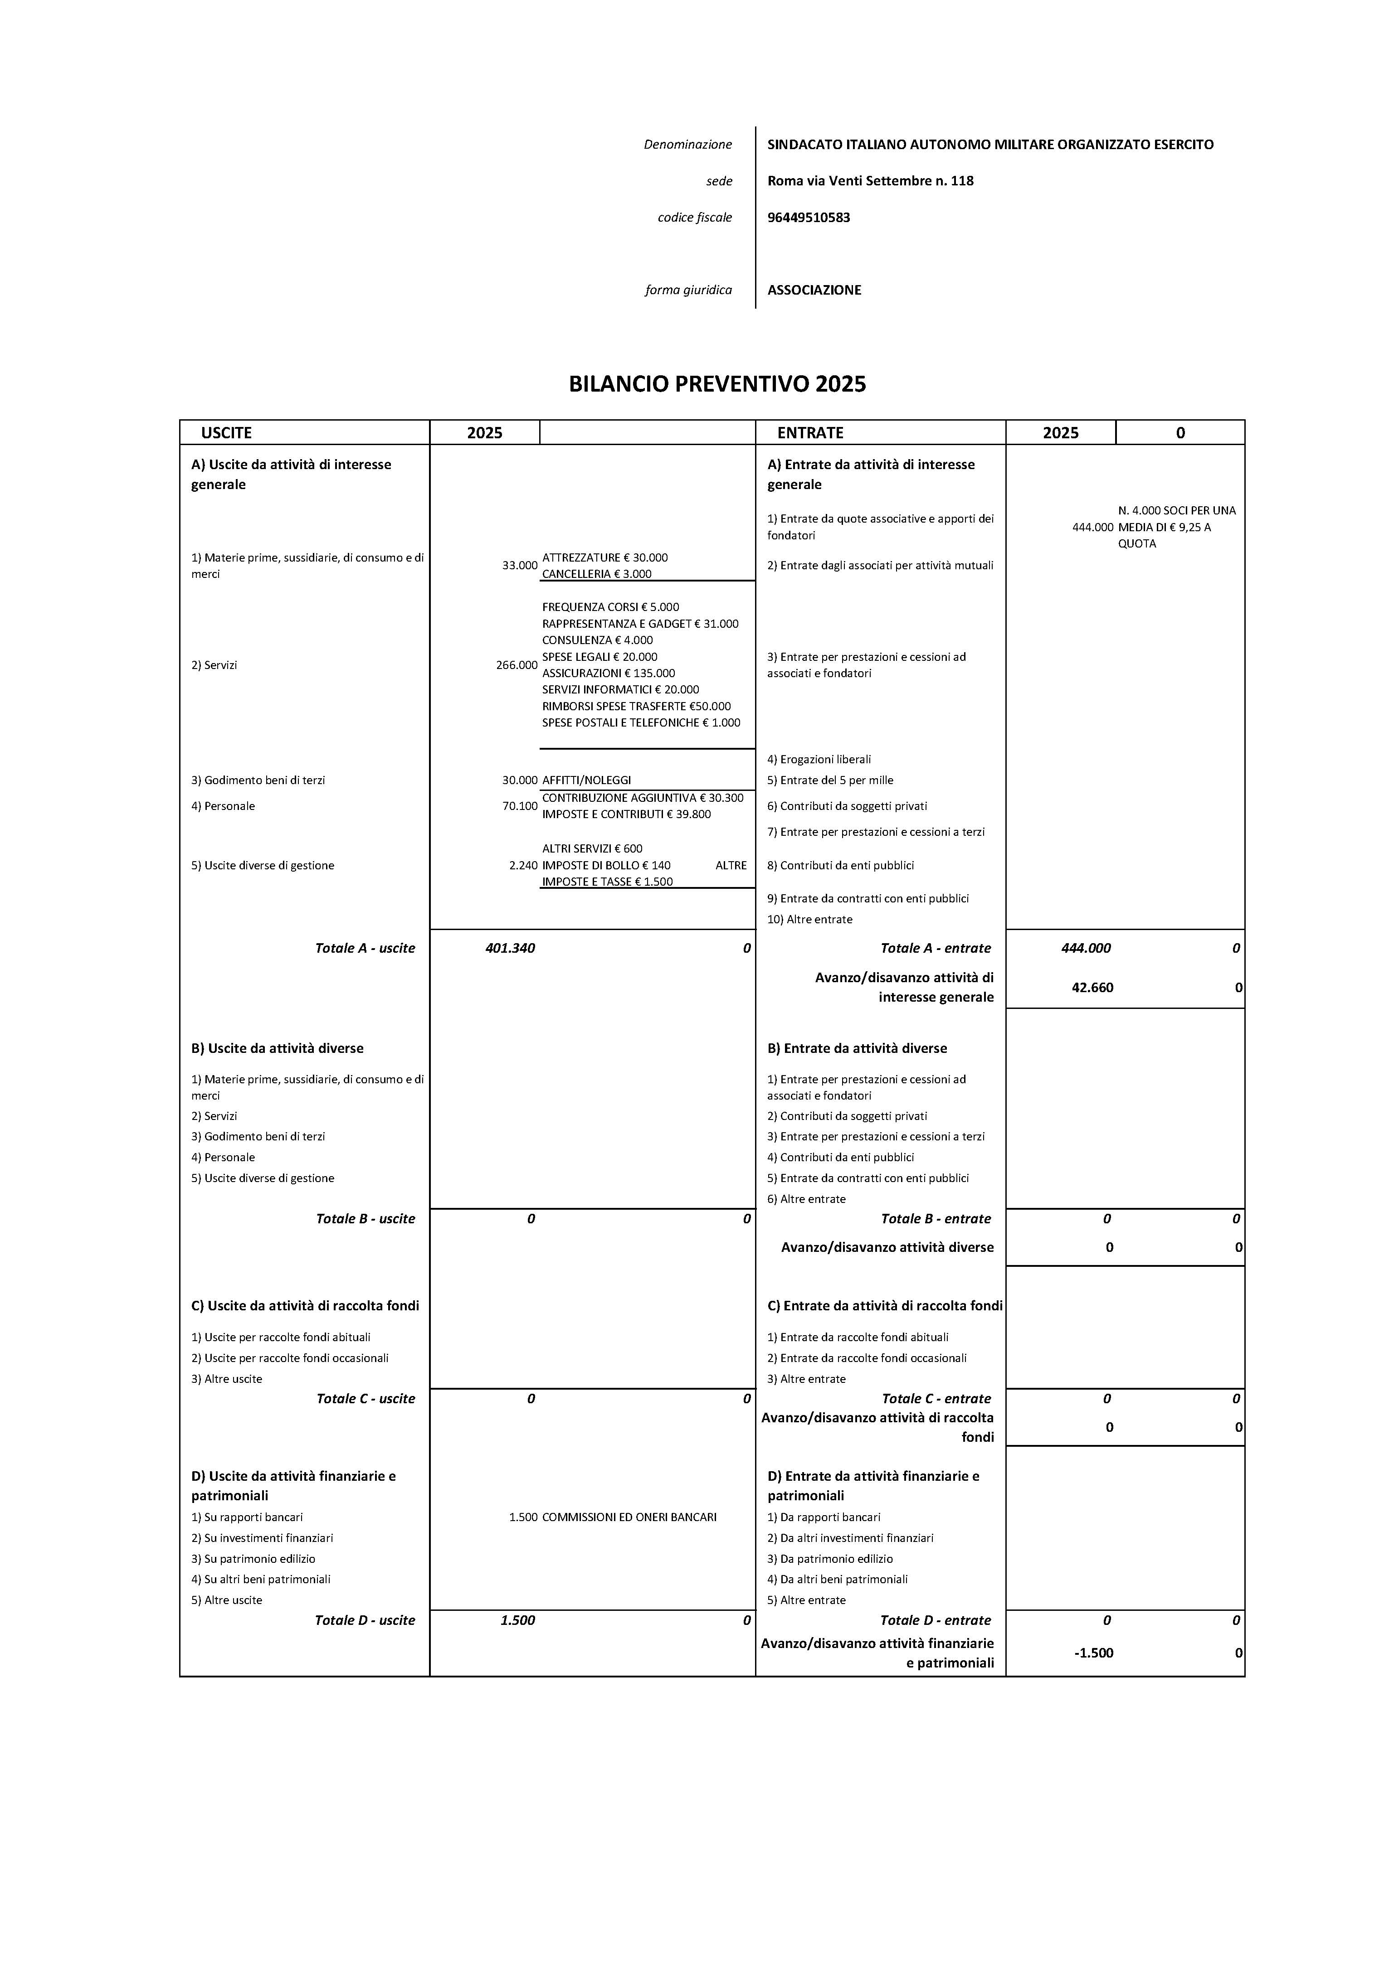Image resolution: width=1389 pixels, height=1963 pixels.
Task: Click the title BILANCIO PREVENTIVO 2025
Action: tap(717, 384)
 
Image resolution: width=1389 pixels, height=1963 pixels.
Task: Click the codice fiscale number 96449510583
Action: tap(808, 217)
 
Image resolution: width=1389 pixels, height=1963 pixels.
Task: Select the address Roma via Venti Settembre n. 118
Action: tap(870, 180)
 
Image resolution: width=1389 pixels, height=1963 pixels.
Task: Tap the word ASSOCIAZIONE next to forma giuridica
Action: tap(814, 290)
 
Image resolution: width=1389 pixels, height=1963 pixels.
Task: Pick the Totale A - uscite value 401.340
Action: tap(510, 948)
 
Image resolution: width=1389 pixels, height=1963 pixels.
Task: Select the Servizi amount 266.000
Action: tap(517, 665)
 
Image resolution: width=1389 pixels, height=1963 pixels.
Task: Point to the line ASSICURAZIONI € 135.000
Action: tap(608, 673)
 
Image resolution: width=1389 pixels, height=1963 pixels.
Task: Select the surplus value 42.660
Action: tap(1092, 988)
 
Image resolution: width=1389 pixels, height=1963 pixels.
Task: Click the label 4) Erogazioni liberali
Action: tap(819, 759)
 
